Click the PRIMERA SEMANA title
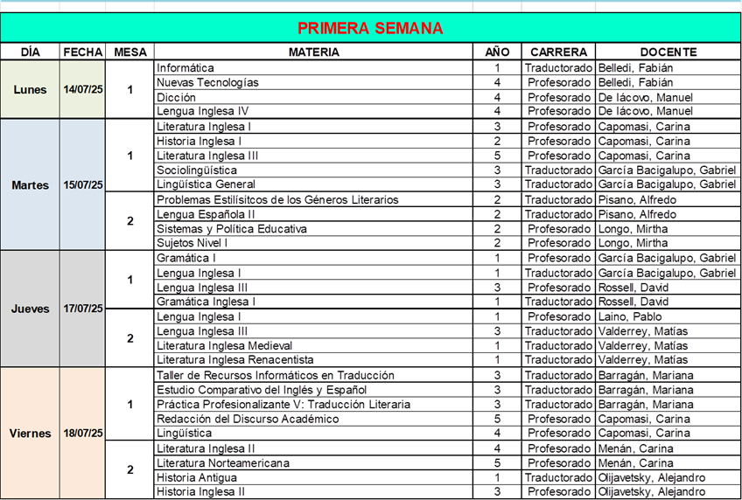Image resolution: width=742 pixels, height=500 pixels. click(370, 28)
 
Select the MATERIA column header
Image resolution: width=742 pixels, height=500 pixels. click(314, 52)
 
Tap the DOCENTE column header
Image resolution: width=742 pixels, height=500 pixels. click(668, 52)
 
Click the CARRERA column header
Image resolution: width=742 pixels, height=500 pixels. click(558, 52)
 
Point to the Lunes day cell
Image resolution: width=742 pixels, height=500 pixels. click(30, 89)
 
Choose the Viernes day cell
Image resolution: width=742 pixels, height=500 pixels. click(30, 433)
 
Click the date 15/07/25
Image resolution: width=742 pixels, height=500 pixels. click(83, 184)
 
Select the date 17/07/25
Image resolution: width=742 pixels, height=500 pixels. click(83, 309)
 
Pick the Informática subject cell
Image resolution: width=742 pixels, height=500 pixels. click(185, 67)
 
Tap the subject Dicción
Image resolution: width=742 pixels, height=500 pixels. click(176, 97)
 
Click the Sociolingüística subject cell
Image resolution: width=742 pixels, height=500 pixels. click(196, 170)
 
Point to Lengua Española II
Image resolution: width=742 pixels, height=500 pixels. click(206, 214)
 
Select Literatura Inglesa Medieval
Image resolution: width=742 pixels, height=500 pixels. click(224, 345)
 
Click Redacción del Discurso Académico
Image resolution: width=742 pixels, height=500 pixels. click(248, 419)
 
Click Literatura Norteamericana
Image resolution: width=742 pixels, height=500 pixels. click(223, 462)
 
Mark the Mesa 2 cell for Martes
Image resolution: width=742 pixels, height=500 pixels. click(130, 221)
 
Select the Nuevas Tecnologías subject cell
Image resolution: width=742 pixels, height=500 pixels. click(207, 82)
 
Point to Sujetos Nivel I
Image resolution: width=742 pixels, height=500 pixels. click(192, 243)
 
